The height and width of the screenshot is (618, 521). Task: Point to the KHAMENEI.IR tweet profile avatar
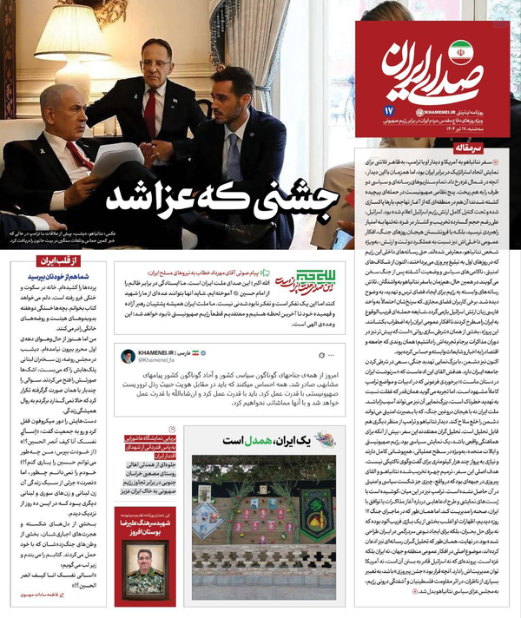(x=128, y=358)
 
